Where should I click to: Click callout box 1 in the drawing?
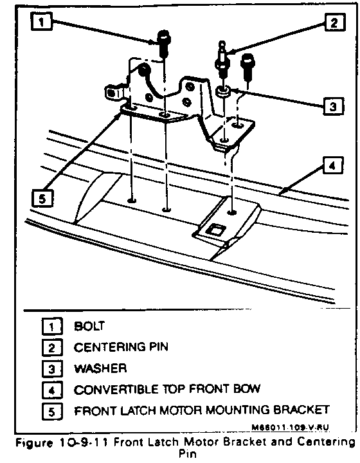42,21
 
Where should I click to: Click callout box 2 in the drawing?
335,22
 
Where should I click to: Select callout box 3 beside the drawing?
333,106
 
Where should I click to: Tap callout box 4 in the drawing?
333,165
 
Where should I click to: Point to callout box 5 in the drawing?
42,198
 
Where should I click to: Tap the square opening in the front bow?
216,230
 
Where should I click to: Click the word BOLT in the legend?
89,326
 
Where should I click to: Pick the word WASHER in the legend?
100,368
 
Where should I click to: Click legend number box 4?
52,390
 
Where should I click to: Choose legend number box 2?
52,348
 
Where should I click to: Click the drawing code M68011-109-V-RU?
290,427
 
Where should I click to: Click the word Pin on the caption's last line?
187,453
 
